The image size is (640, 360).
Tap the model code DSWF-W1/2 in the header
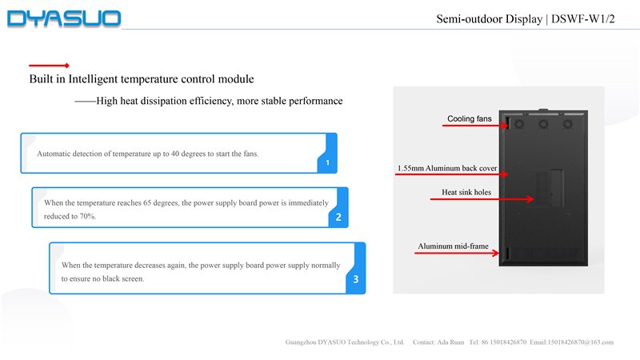(583, 19)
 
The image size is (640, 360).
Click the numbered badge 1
(328, 163)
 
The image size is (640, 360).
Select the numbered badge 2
(338, 217)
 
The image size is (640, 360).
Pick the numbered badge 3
(355, 279)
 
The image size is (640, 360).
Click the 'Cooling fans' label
(469, 119)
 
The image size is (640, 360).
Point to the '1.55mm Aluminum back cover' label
(447, 169)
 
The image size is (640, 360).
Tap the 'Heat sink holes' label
(466, 192)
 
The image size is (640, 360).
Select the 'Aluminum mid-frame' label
(453, 246)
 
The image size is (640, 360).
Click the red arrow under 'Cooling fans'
(475, 126)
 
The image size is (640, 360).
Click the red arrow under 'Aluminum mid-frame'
(459, 254)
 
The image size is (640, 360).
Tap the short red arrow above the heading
(49, 65)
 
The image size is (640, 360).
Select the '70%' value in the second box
(86, 216)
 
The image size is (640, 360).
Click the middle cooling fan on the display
(542, 124)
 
